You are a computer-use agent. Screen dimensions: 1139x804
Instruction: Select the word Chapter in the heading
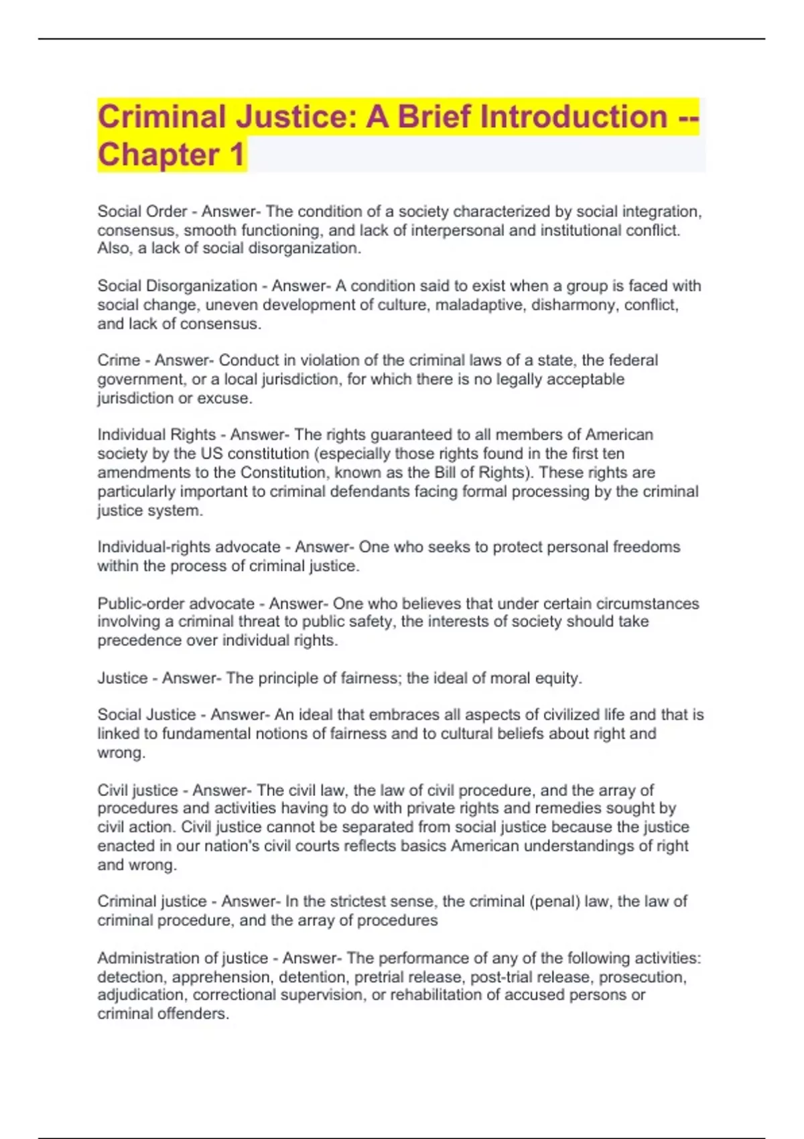(158, 155)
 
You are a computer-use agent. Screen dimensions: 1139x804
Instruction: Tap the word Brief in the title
(434, 117)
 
